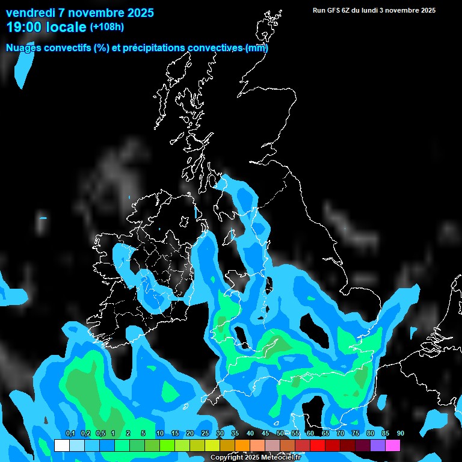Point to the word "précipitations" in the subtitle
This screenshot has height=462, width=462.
pos(153,48)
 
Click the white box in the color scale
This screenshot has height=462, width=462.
pos(61,446)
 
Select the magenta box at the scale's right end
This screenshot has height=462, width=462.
pos(393,446)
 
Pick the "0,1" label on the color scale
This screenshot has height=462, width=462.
pos(70,434)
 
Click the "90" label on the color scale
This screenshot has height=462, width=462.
pos(401,434)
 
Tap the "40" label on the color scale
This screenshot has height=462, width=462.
pos(250,434)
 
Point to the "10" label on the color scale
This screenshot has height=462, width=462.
pos(159,434)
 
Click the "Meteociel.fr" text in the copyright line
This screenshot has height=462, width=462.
pos(282,458)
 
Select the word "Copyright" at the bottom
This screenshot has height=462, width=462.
pos(227,458)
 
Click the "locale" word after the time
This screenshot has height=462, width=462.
pos(66,27)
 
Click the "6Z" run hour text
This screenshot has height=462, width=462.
pos(354,10)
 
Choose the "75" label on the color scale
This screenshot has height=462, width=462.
pos(356,434)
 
